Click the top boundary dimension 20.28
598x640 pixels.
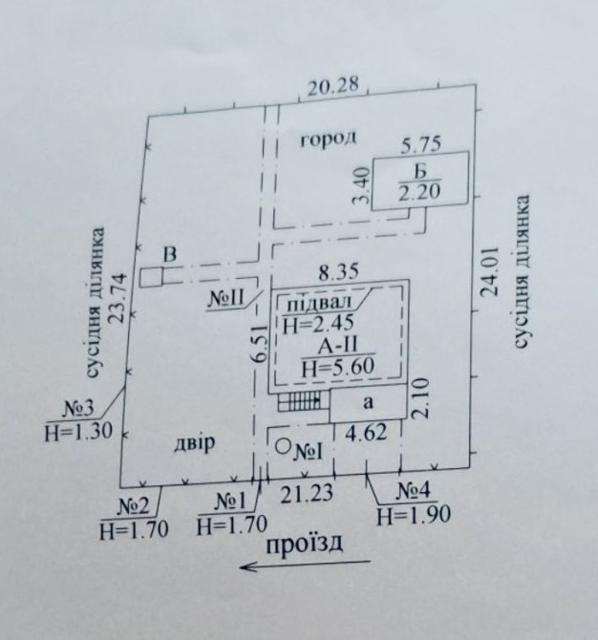[333, 86]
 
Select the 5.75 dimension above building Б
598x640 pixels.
[421, 144]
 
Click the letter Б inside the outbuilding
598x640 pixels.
[420, 171]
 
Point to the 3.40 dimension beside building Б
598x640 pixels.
[363, 185]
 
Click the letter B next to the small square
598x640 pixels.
[170, 255]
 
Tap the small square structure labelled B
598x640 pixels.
[151, 278]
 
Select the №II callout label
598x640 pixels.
[225, 299]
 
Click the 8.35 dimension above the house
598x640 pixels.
[339, 272]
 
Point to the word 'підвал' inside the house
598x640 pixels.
[320, 304]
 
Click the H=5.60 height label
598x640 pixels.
[338, 368]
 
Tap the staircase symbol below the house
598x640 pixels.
[299, 401]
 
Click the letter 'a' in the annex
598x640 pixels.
[368, 402]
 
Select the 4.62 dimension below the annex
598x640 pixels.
[366, 433]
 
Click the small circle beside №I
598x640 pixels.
[283, 446]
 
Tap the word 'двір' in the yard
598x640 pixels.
[195, 443]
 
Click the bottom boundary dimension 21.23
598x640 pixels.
[306, 493]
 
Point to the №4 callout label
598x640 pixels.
[414, 493]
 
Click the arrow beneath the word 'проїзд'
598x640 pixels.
[306, 565]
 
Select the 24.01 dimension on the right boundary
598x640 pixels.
[490, 271]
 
